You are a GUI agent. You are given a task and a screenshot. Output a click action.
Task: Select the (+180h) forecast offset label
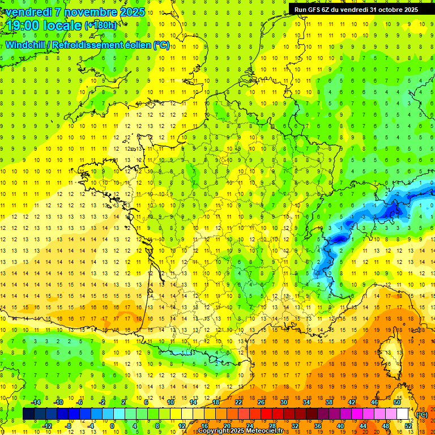point(101,25)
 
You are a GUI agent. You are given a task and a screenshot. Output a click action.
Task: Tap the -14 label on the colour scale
point(35,402)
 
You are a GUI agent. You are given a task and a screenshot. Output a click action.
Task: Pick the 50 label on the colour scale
point(397,402)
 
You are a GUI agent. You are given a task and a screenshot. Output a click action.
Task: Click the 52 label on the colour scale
point(408,425)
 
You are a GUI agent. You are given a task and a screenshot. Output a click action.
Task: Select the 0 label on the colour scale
point(112,425)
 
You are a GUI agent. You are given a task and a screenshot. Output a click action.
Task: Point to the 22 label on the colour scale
point(238,402)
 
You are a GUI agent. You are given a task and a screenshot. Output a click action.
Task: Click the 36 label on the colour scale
point(318,425)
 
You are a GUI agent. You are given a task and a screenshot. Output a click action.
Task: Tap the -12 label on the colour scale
point(46,425)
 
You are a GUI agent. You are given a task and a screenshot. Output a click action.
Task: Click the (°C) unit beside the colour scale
point(422,414)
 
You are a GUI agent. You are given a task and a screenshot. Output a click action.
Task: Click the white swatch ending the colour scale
point(403,414)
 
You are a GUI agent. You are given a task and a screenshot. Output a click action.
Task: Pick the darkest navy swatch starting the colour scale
point(29,414)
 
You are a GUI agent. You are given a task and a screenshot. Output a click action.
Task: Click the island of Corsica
point(389,351)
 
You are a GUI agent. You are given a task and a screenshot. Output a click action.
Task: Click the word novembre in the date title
point(86,12)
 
